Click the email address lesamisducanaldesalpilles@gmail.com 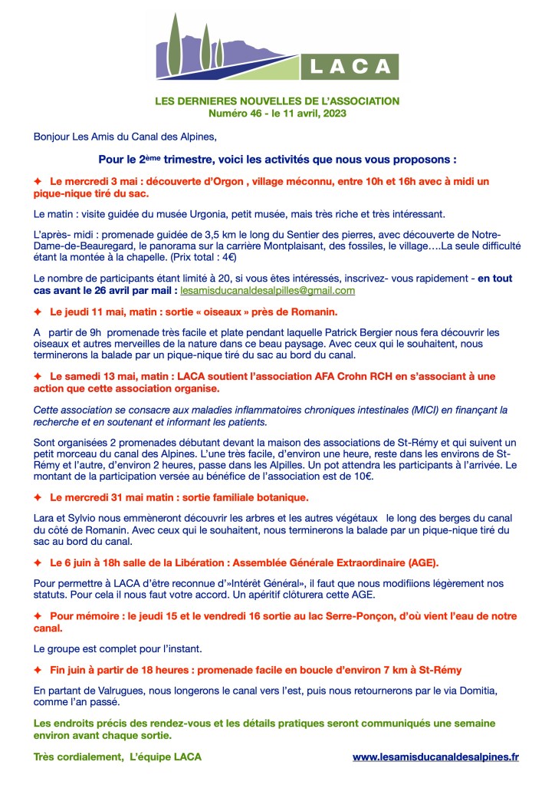pyautogui.click(x=268, y=291)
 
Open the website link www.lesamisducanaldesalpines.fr pyautogui.click(x=435, y=757)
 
